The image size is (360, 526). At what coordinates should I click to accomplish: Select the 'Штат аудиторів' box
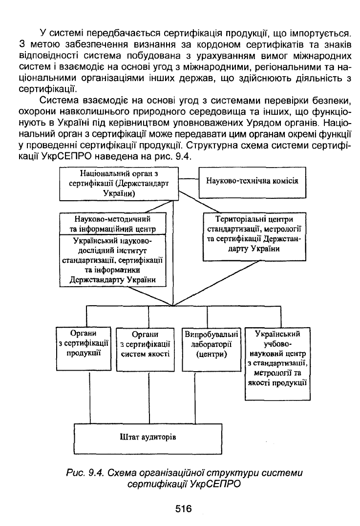(x=148, y=439)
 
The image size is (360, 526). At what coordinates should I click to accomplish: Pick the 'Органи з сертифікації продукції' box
(x=84, y=348)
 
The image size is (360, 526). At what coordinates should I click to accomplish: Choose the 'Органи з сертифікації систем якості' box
(x=145, y=350)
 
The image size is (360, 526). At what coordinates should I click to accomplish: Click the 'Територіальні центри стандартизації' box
(x=254, y=236)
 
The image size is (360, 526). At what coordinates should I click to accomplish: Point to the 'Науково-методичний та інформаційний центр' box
(x=113, y=224)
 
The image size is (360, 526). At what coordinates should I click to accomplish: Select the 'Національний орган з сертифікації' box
(x=119, y=184)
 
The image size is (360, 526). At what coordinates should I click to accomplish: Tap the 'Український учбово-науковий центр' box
(x=277, y=364)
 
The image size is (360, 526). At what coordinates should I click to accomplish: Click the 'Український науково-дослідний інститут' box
(x=113, y=260)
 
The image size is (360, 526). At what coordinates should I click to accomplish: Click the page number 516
(x=183, y=508)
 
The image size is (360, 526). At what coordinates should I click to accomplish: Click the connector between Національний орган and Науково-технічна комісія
(x=189, y=179)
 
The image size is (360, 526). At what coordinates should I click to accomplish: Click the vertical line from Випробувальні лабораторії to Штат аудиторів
(x=195, y=398)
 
